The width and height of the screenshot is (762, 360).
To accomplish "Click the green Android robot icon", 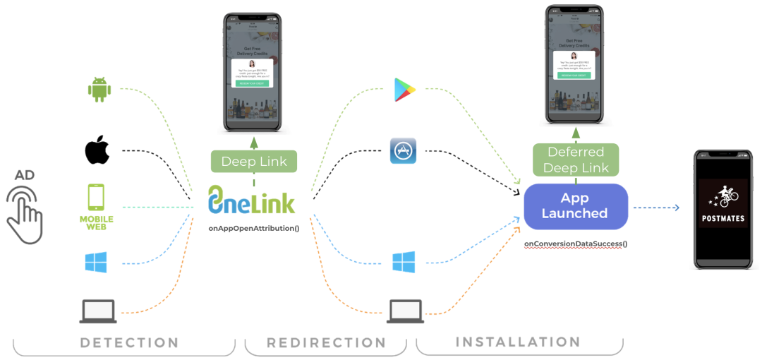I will pos(100,89).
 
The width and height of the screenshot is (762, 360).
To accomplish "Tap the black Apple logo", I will pos(97,151).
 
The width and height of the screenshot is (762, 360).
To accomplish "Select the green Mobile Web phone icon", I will pos(96,202).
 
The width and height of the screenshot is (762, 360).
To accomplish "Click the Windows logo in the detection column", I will pos(95,263).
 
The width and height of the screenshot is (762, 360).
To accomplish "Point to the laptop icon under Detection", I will pos(98,311).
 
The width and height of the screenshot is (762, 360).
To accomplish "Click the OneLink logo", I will pos(251,200).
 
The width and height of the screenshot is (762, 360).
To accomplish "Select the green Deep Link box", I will pos(254,162).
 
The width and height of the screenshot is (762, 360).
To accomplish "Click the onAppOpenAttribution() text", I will pos(253,229).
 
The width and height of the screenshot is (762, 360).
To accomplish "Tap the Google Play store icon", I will pos(404,90).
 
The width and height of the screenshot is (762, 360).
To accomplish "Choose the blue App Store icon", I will pos(403,150).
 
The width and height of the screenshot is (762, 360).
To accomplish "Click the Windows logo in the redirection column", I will pos(404,263).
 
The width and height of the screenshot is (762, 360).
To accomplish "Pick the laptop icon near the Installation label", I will pos(406,311).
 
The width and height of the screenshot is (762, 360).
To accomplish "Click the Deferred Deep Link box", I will pos(576,160).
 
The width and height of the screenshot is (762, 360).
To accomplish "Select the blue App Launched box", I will pos(575,206).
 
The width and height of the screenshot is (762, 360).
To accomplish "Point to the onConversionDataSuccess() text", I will pos(576,244).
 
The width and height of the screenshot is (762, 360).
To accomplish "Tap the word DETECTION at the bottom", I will pos(129,343).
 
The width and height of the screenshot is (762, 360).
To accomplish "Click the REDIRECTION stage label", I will pos(326,343).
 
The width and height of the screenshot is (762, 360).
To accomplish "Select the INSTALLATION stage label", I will pos(518,342).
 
